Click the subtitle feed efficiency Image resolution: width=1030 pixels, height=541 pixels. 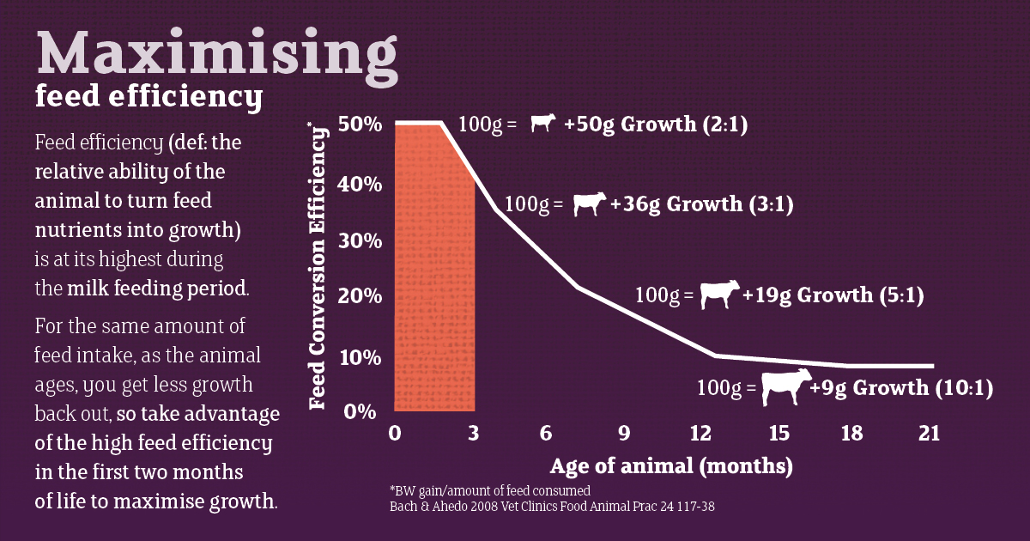click(x=148, y=98)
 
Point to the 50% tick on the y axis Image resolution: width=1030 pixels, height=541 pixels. click(x=360, y=124)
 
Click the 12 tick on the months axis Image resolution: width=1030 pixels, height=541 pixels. click(x=704, y=434)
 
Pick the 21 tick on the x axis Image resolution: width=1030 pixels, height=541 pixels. click(x=928, y=434)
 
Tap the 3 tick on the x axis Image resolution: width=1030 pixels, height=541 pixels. click(x=473, y=434)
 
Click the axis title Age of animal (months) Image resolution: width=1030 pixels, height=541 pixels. click(x=671, y=467)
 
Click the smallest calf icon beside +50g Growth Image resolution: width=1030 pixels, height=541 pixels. click(x=542, y=124)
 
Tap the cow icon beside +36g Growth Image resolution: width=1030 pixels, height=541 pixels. click(x=589, y=204)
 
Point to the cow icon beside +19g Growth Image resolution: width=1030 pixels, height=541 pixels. click(x=718, y=295)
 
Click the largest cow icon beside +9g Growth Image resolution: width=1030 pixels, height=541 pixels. click(x=785, y=386)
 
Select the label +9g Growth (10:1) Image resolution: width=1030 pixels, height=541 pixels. click(x=901, y=387)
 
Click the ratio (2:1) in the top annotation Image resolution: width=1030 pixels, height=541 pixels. click(x=725, y=124)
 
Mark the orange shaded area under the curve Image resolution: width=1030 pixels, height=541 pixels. click(x=433, y=283)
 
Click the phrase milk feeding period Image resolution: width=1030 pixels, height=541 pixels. click(x=157, y=288)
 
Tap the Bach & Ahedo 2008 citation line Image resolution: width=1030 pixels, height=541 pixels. click(x=552, y=507)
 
